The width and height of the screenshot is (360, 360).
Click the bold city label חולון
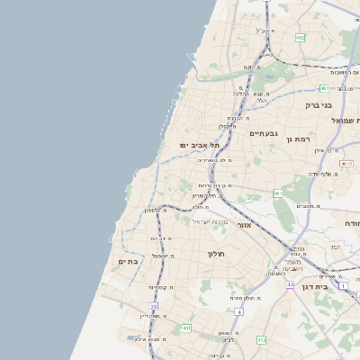220,254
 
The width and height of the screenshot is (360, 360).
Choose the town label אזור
244,224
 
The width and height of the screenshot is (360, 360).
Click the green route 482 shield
300,38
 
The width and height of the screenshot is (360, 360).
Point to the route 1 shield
343,284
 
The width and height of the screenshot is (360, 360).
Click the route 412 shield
261,340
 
